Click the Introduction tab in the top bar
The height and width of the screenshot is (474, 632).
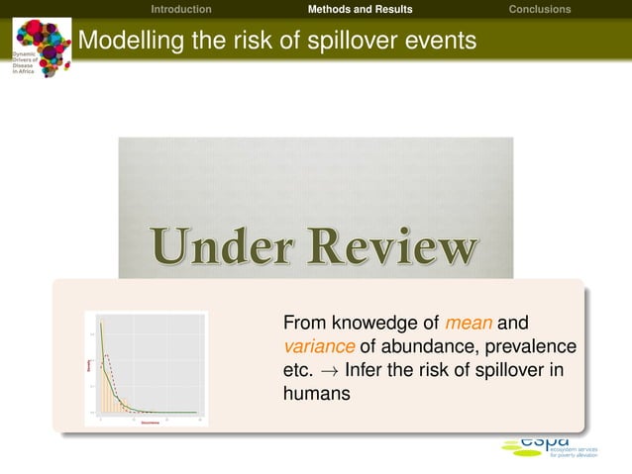[x=180, y=9]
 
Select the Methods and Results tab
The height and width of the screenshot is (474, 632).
[x=360, y=9]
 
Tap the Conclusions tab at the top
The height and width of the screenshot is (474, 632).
[x=539, y=9]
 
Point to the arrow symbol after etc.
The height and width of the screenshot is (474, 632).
[x=328, y=369]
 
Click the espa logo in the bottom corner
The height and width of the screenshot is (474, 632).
[x=544, y=446]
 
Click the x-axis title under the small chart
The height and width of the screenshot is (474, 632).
[x=151, y=422]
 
